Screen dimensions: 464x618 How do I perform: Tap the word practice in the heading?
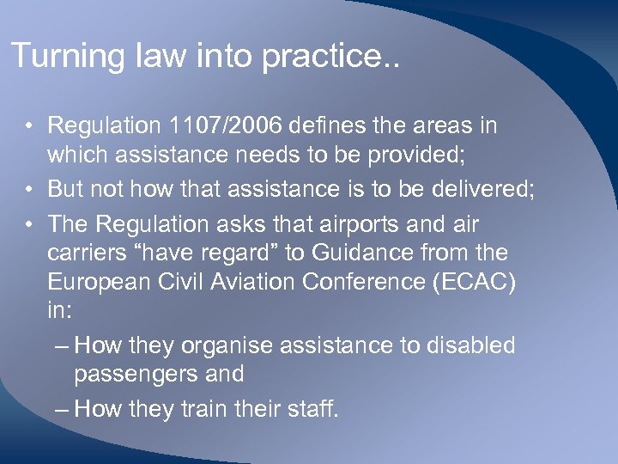(324, 57)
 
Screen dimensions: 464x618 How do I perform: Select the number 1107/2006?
(226, 125)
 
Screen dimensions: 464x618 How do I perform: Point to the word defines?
(329, 125)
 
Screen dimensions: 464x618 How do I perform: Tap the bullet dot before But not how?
(30, 187)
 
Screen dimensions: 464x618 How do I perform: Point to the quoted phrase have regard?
(185, 253)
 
